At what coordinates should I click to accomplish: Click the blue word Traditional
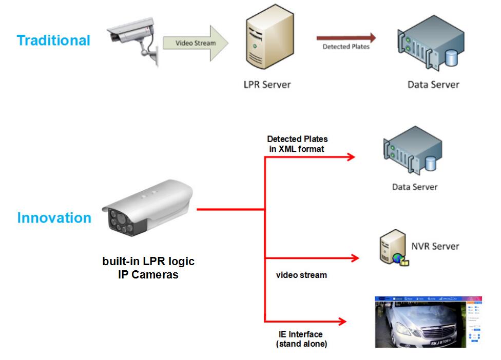(53, 41)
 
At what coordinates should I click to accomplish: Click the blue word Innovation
(54, 218)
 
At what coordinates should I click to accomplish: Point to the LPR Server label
(267, 84)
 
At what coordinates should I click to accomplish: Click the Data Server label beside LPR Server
(433, 84)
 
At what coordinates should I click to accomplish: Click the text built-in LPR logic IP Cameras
(148, 268)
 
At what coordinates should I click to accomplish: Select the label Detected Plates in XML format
(297, 144)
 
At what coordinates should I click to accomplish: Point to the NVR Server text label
(435, 246)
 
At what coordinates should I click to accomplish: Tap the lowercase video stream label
(301, 275)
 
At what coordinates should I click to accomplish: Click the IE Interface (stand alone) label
(302, 338)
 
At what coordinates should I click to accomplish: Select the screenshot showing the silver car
(428, 322)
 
